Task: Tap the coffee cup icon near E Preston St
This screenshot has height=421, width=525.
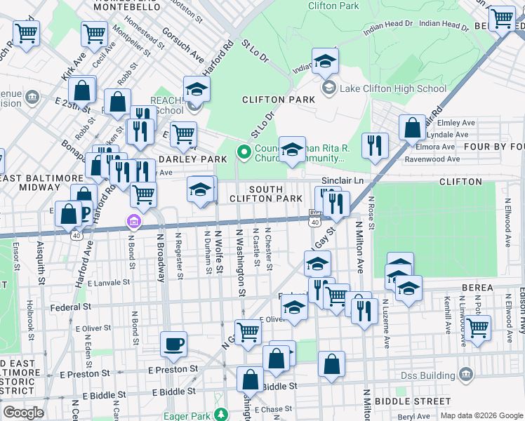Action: coord(173,345)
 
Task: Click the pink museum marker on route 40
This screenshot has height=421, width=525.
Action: coord(134,222)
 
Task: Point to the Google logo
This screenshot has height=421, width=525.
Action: coord(23,413)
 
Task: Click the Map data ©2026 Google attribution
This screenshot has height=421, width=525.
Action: coord(481,415)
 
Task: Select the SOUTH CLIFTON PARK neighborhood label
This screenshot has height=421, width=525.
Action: coord(265,194)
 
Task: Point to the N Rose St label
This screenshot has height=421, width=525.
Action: coord(371,210)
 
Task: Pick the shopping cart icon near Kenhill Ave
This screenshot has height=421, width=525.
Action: coord(478,327)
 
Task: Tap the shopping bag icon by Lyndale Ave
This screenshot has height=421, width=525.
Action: coord(413,128)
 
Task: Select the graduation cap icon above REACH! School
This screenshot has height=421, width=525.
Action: coord(197,88)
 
